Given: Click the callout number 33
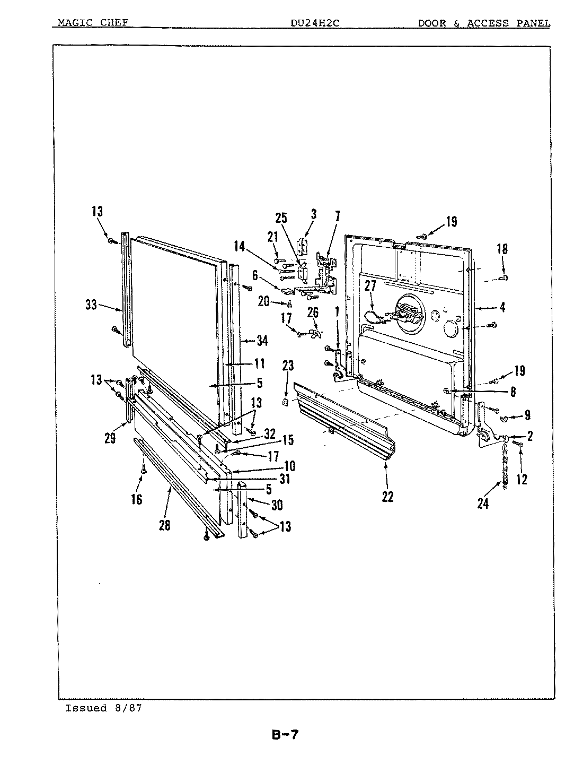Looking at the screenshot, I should coord(91,305).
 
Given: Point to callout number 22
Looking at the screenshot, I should coord(387,497).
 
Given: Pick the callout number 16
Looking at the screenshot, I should coord(136,499).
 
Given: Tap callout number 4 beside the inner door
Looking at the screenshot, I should coord(502,307).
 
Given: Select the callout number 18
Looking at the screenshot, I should coord(502,249).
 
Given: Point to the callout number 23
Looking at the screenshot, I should coord(287,366).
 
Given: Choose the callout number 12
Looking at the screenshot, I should coord(522,479).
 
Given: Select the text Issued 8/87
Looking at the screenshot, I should coord(103,708).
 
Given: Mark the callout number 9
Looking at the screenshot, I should coord(527,415).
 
